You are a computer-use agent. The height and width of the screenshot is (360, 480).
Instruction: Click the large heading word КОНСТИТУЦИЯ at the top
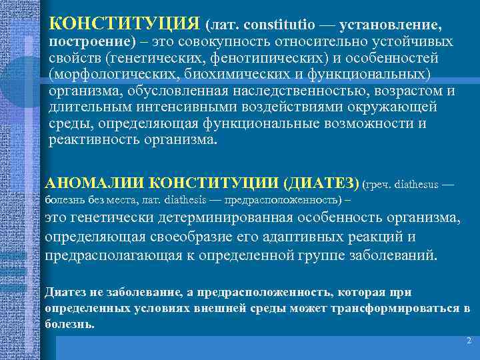[125, 25]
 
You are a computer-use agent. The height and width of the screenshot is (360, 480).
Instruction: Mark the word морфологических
[116, 73]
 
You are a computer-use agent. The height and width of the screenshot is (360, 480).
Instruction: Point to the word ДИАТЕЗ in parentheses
[322, 183]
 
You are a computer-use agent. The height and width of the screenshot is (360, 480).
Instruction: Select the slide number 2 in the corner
[469, 341]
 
